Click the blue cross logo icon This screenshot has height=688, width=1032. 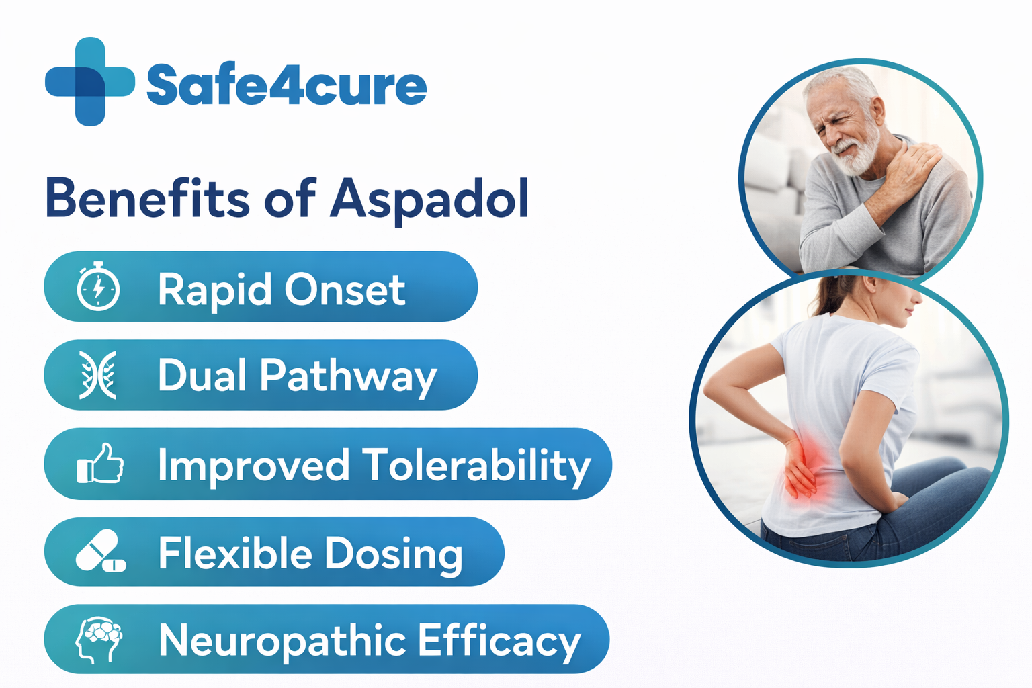(x=89, y=82)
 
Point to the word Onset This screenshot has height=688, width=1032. (x=345, y=290)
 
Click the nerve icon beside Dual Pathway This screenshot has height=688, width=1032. (x=98, y=375)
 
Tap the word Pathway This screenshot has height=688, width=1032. (x=348, y=376)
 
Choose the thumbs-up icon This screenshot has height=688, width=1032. (x=100, y=464)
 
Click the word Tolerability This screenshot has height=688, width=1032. (x=476, y=465)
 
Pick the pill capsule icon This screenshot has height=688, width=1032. (x=100, y=552)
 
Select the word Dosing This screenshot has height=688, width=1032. (x=394, y=554)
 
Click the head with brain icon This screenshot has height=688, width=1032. (x=99, y=640)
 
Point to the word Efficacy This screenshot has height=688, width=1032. (x=499, y=641)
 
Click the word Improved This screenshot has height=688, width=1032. (x=254, y=465)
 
